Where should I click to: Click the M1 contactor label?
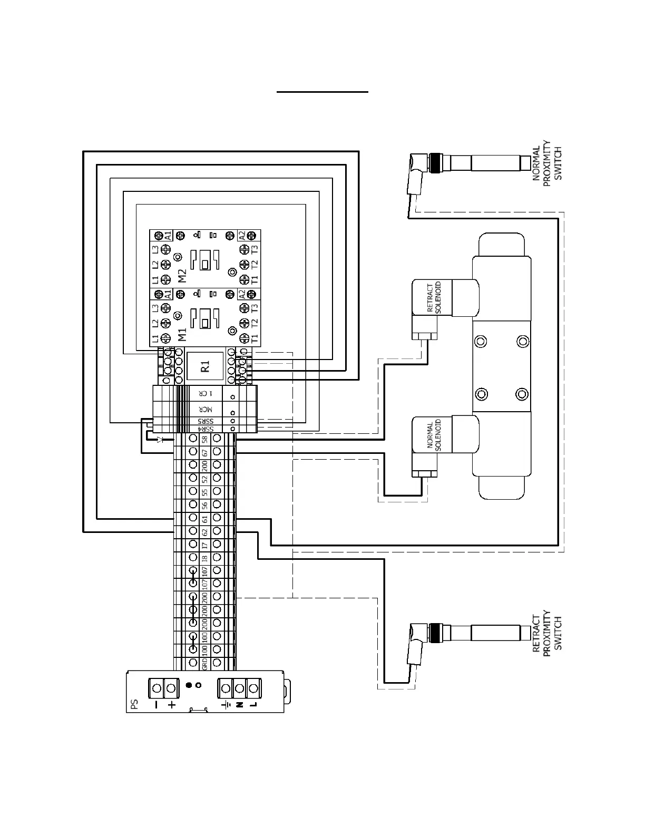[x=182, y=335]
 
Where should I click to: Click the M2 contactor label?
[x=182, y=276]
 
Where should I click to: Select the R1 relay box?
[x=206, y=366]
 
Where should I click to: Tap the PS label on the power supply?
[x=134, y=704]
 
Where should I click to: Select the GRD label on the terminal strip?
[x=204, y=664]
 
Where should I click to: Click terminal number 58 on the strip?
[x=204, y=439]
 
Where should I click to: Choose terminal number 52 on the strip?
[x=204, y=479]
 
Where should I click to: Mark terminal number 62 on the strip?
[x=204, y=531]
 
